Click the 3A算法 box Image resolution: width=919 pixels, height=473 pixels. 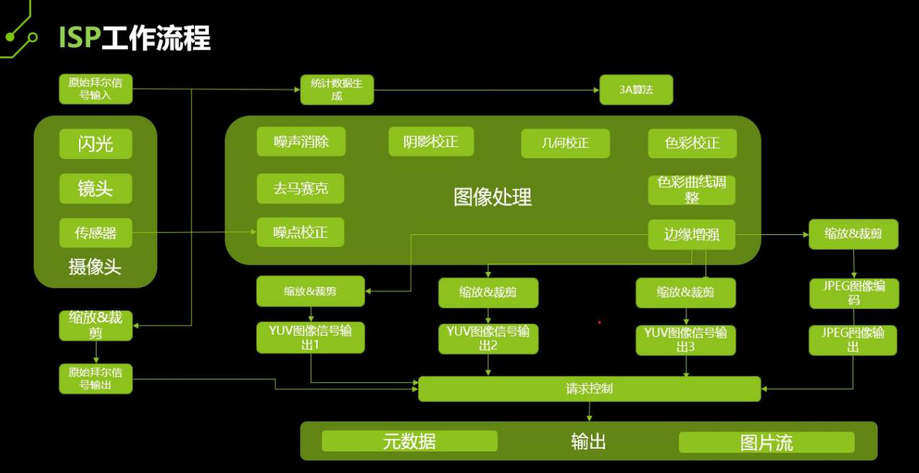[636, 89]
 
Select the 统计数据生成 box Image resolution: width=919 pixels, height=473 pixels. [336, 89]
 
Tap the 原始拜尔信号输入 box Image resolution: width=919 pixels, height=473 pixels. [95, 89]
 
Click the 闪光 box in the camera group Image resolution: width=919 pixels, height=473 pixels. [95, 143]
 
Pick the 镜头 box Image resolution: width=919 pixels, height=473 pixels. [95, 188]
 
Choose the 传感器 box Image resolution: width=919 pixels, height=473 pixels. [95, 233]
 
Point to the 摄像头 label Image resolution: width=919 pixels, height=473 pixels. [95, 267]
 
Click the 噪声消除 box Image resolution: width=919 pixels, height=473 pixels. [301, 141]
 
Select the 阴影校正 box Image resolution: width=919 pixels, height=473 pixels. [431, 141]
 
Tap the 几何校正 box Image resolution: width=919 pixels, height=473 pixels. [565, 143]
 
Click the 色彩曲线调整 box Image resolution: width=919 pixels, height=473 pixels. [692, 190]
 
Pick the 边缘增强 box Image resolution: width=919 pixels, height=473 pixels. [691, 235]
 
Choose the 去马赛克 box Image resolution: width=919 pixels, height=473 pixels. [301, 188]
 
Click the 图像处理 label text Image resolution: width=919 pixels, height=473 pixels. [492, 197]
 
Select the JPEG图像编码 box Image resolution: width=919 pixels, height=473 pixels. [853, 293]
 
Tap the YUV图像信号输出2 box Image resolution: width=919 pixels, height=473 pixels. [488, 338]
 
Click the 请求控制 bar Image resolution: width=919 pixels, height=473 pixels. [589, 389]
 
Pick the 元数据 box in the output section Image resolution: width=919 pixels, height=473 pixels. [409, 441]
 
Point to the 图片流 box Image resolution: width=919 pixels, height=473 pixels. [766, 443]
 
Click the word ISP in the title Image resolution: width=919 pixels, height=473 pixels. [79, 37]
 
